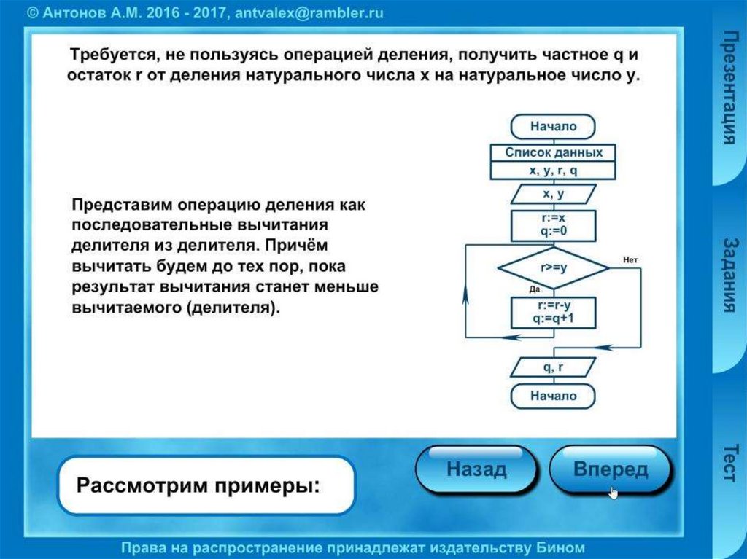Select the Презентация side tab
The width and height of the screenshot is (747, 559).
coord(728,87)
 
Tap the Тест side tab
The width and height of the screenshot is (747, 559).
coord(728,462)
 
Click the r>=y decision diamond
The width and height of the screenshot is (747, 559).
coord(553,267)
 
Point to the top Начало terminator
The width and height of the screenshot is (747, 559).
coord(553,127)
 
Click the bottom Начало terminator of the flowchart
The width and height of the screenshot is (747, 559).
coord(553,396)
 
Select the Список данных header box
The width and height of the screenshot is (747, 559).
coord(553,153)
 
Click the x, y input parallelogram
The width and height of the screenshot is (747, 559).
coord(553,195)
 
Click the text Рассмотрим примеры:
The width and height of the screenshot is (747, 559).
coord(198,484)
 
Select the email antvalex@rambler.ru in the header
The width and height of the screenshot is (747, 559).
coord(309,14)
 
